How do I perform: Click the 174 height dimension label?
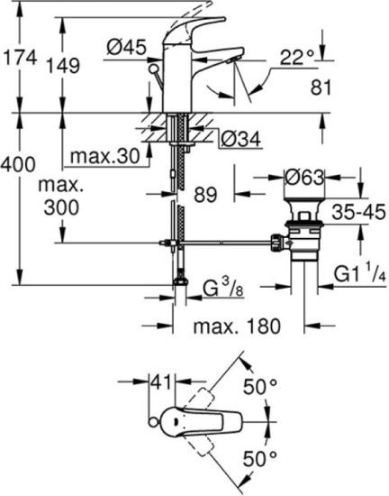click(x=19, y=58)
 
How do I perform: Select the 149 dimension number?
click(x=63, y=66)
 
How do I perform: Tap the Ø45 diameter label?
click(x=127, y=48)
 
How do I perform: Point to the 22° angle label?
click(x=297, y=57)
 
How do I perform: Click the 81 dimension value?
click(x=321, y=87)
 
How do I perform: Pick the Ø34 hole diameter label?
click(x=241, y=139)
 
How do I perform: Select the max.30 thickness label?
click(x=104, y=156)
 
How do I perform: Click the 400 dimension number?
click(x=18, y=164)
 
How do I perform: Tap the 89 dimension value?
click(x=205, y=194)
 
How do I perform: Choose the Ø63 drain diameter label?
click(x=304, y=177)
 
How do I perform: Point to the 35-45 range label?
click(x=358, y=211)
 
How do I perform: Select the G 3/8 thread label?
click(x=223, y=288)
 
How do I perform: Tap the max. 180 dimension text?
click(x=237, y=326)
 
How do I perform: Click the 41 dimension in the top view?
click(x=162, y=381)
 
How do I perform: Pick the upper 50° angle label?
click(x=260, y=386)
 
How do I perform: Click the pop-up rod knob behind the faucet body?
click(x=154, y=69)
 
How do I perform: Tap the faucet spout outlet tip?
click(x=233, y=60)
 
